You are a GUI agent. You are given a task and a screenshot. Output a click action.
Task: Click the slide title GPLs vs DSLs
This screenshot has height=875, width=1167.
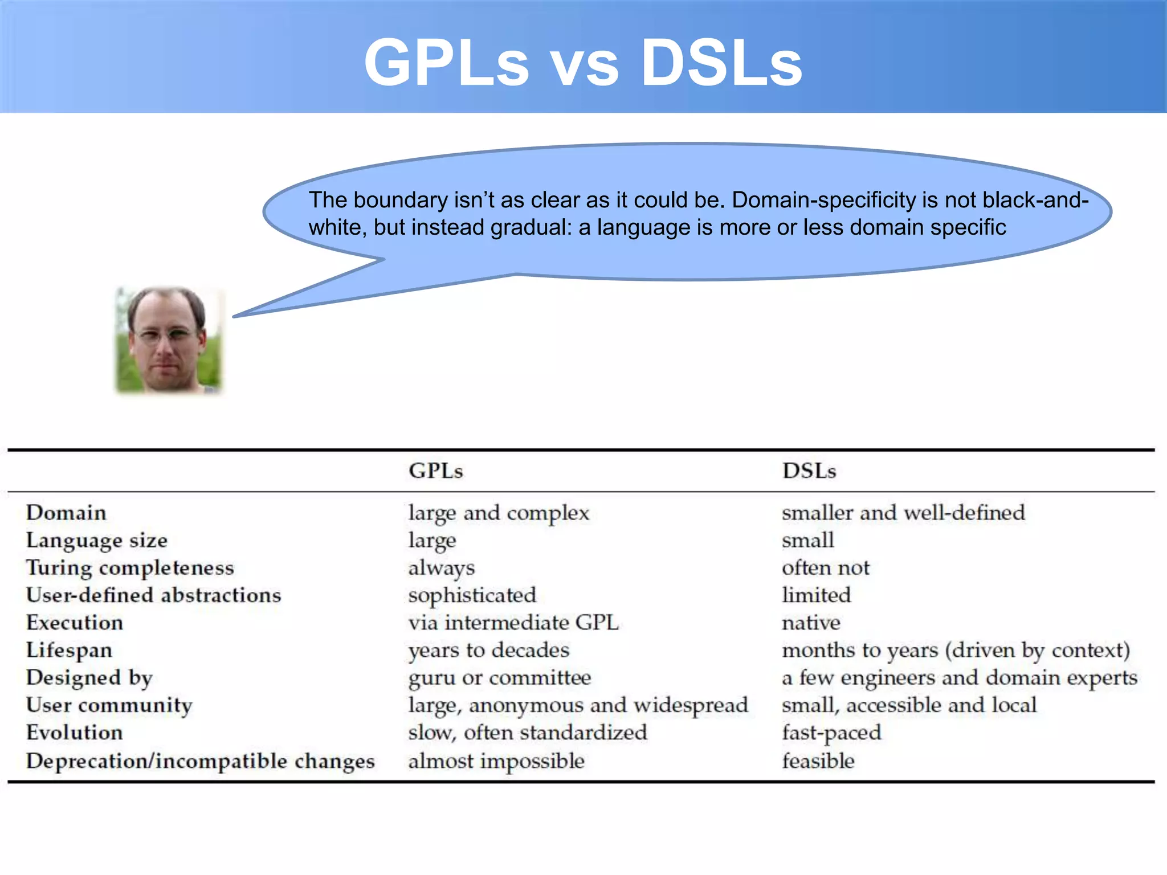pyautogui.click(x=583, y=63)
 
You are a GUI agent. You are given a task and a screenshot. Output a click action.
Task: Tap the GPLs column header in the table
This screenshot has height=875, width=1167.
pyautogui.click(x=436, y=471)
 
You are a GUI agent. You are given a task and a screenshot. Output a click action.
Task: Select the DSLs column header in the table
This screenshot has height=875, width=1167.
pyautogui.click(x=809, y=471)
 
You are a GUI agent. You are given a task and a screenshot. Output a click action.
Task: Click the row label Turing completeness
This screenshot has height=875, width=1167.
pyautogui.click(x=130, y=568)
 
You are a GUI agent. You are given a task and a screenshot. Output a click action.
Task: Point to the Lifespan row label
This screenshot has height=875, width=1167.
pyautogui.click(x=69, y=651)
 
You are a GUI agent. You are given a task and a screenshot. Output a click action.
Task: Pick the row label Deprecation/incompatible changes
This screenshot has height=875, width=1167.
pyautogui.click(x=200, y=761)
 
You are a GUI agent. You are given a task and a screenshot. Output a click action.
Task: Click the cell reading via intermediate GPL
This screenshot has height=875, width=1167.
pyautogui.click(x=513, y=623)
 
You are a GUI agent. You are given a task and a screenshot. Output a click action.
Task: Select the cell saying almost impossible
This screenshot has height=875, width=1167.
pyautogui.click(x=496, y=761)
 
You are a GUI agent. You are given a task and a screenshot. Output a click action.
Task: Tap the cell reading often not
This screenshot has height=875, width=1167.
pyautogui.click(x=826, y=568)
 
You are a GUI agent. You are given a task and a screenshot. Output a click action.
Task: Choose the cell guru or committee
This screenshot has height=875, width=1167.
pyautogui.click(x=500, y=678)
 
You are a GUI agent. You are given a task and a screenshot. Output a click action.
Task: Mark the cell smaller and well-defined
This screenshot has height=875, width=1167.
pyautogui.click(x=903, y=513)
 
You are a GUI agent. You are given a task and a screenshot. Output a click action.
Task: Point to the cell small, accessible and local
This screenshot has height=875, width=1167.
pyautogui.click(x=909, y=705)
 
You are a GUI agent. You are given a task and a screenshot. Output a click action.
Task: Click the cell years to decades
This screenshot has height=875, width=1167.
pyautogui.click(x=489, y=651)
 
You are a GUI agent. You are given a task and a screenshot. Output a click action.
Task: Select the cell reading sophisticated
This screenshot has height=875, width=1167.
pyautogui.click(x=472, y=595)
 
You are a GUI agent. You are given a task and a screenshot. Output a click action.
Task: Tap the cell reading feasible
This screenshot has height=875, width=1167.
pyautogui.click(x=818, y=761)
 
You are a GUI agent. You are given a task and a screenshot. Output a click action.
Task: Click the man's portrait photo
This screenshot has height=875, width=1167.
pyautogui.click(x=168, y=340)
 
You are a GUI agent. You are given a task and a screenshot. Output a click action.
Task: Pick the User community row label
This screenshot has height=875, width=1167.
pyautogui.click(x=109, y=705)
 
